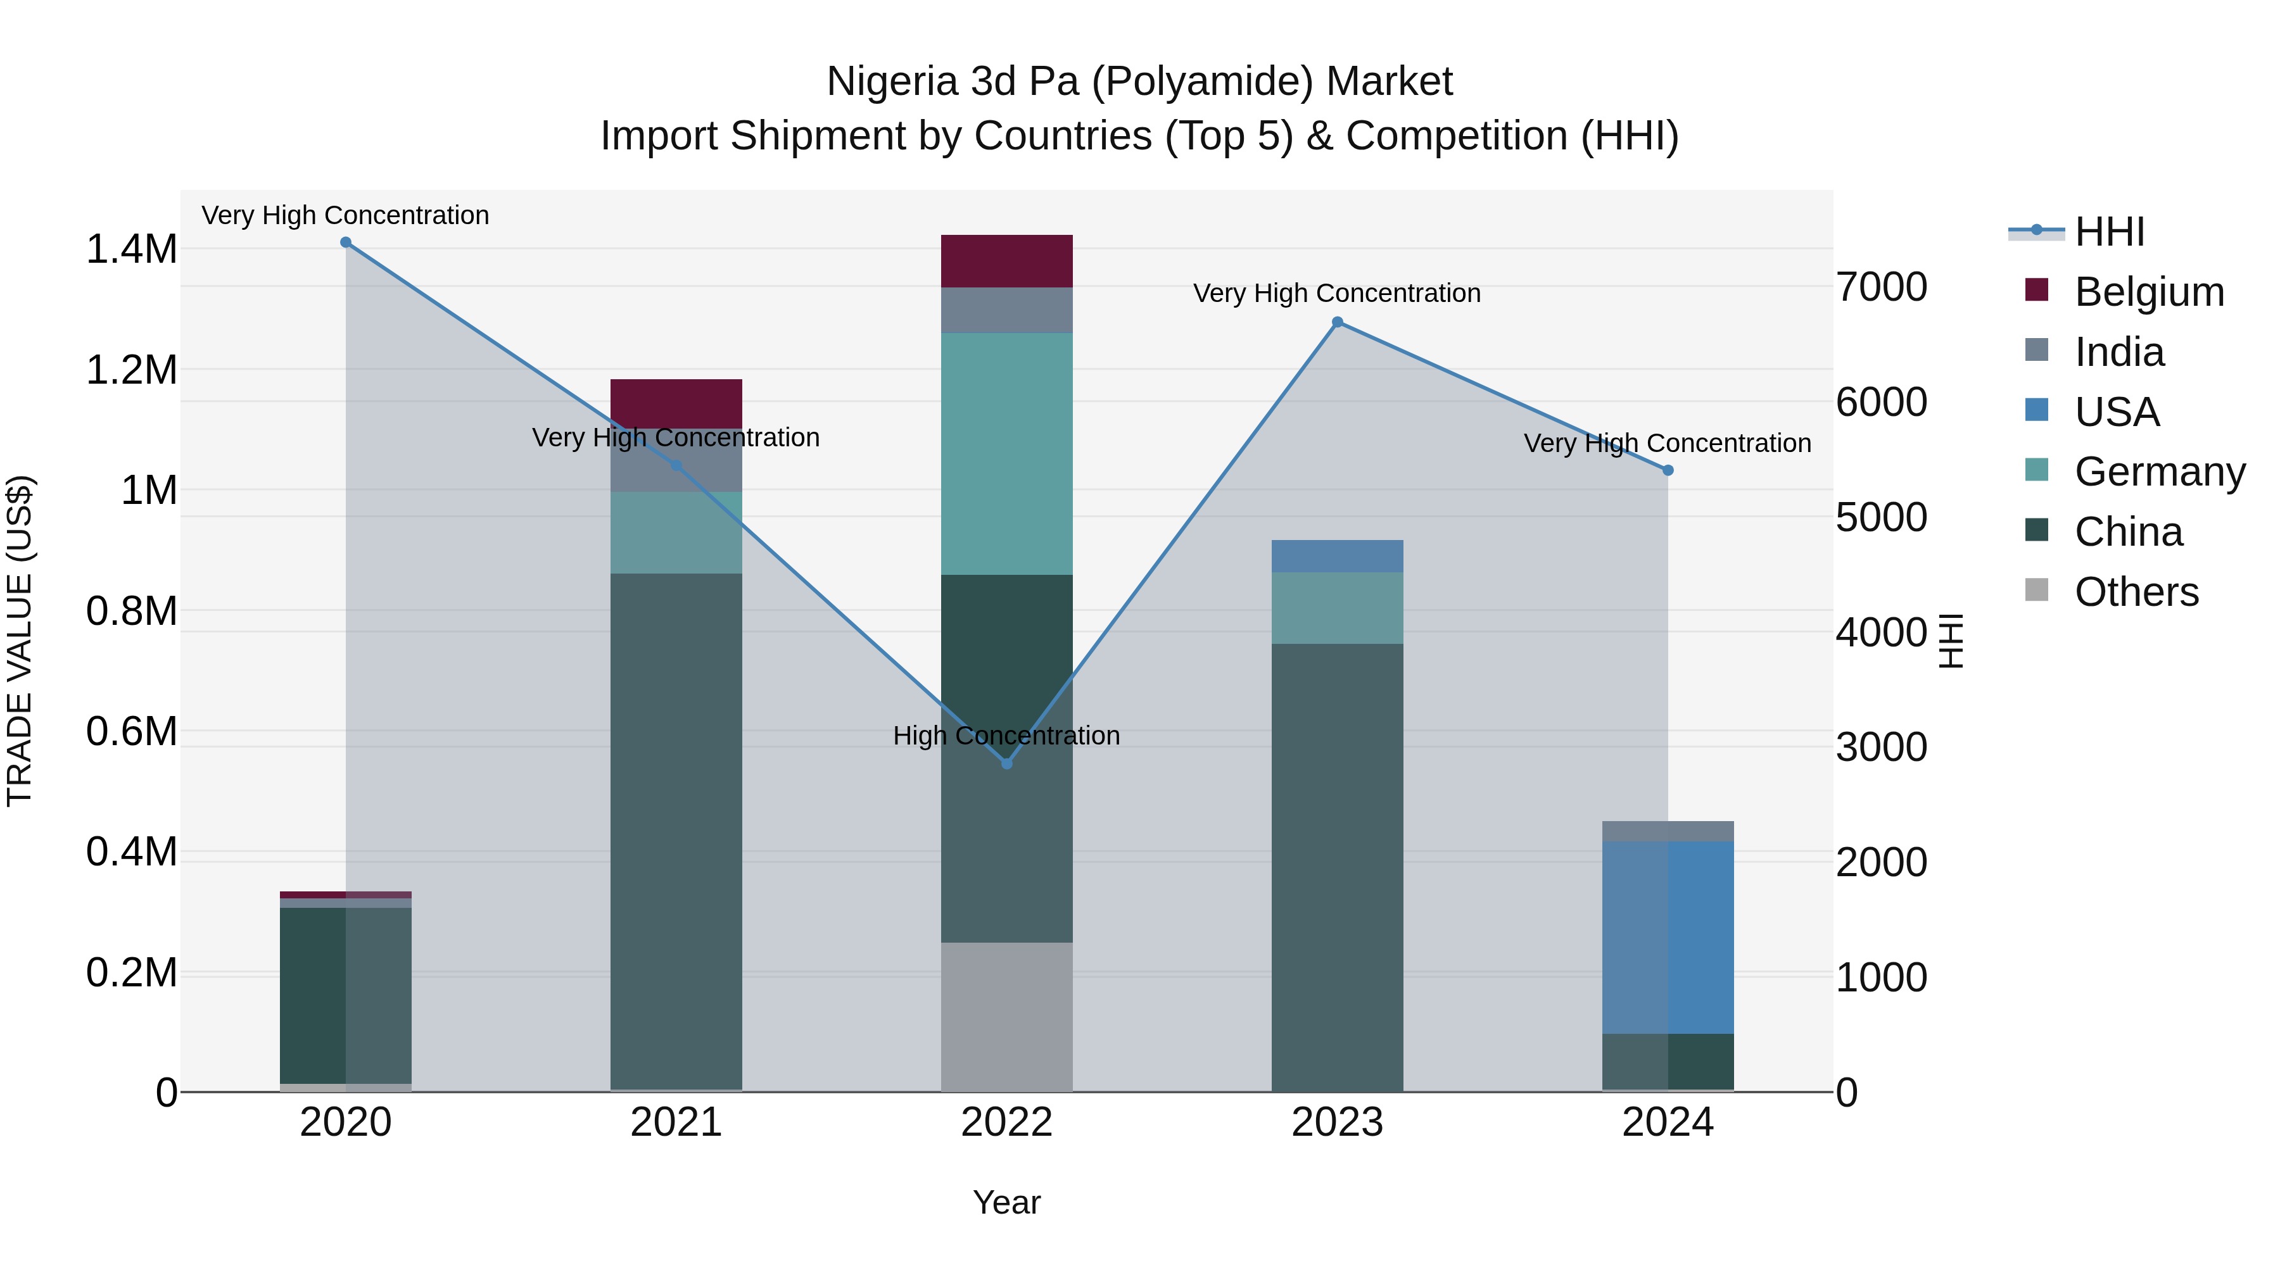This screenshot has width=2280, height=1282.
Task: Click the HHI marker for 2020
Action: (346, 242)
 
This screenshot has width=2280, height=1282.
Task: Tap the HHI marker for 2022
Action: (1006, 764)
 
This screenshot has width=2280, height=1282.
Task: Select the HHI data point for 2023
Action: (1338, 323)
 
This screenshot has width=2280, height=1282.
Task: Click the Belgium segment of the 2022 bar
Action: (1006, 261)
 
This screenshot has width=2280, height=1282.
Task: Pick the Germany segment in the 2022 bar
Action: (1006, 453)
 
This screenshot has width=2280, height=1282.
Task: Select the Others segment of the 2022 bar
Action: (1006, 1015)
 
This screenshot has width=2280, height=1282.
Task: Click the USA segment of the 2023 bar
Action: (1338, 556)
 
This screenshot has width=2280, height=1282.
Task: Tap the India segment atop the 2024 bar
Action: (1668, 831)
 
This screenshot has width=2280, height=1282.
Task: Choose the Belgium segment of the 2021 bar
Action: (676, 403)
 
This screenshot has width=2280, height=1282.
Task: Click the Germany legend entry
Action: (2160, 472)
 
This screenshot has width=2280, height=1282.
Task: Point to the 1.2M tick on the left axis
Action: (131, 370)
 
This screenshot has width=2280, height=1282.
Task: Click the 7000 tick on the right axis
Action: (1881, 287)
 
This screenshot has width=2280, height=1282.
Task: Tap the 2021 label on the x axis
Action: (676, 1122)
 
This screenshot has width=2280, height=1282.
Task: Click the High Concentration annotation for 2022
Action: (1006, 735)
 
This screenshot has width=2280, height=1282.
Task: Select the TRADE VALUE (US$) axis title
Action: (20, 641)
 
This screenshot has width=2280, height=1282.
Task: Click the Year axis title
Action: (1006, 1202)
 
